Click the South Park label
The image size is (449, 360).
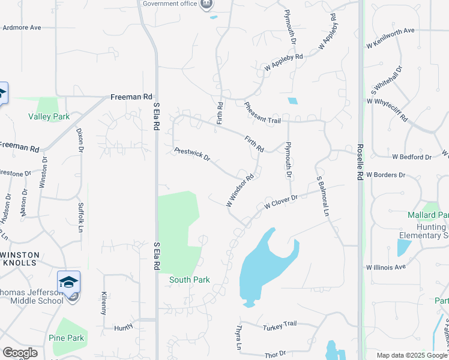click(x=190, y=280)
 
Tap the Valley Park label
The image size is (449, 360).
click(x=49, y=117)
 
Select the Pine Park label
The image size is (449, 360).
click(x=67, y=338)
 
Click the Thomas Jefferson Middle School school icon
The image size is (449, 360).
click(x=69, y=283)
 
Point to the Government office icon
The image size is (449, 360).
click(x=207, y=4)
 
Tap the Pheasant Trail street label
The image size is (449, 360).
click(x=263, y=113)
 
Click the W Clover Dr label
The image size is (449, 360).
click(x=282, y=202)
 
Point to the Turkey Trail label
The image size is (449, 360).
click(x=280, y=324)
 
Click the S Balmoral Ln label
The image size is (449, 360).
click(x=323, y=196)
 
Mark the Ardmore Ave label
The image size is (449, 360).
click(x=22, y=28)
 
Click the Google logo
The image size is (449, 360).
click(x=20, y=352)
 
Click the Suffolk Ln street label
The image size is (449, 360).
click(x=80, y=217)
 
